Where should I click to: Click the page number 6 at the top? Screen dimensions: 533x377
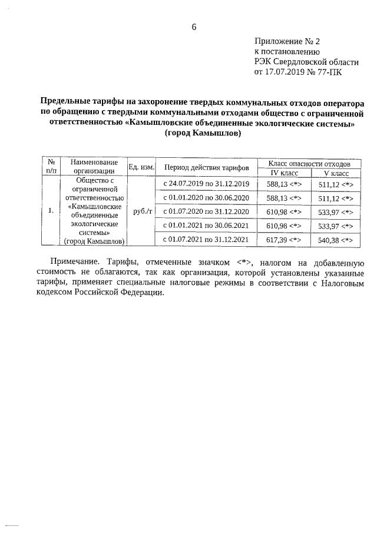pos(194,27)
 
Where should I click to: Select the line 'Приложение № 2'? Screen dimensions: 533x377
pos(286,42)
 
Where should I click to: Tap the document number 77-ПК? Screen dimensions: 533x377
pos(327,72)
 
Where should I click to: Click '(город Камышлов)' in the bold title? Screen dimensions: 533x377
pos(203,133)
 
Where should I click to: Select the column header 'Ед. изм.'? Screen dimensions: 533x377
pos(141,167)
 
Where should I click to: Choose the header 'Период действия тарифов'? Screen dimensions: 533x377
pos(206,168)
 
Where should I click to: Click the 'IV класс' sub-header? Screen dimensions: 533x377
pos(285,173)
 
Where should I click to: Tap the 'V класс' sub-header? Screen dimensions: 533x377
pos(336,173)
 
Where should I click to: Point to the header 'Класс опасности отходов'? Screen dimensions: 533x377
pos(310,163)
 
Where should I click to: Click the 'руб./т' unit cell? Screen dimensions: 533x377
pos(141,211)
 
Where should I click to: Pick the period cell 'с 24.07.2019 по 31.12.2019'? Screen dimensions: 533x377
pos(206,184)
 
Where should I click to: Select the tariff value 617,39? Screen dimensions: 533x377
pos(278,240)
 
